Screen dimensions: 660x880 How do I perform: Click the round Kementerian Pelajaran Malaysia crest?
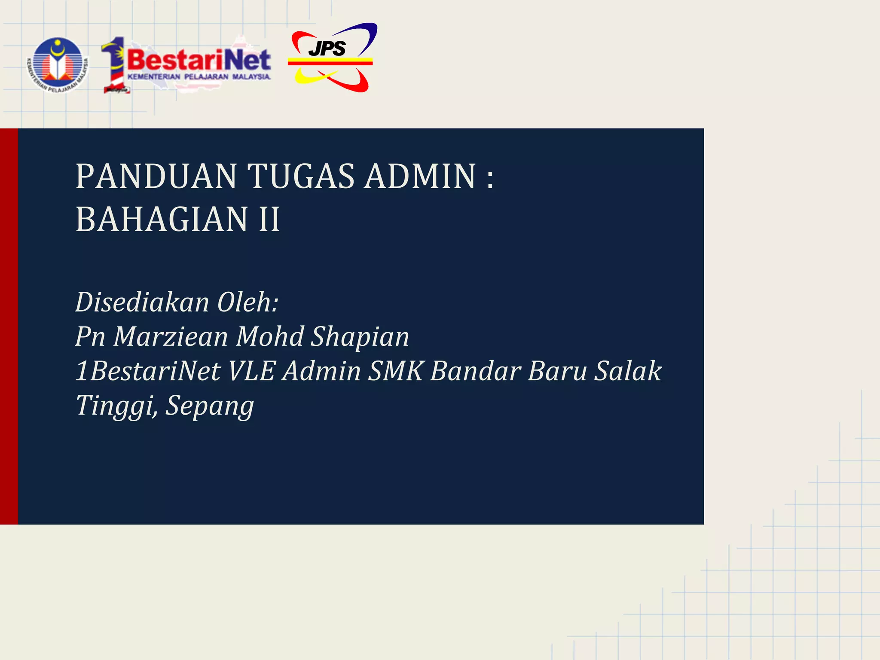click(58, 65)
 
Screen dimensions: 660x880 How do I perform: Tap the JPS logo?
click(330, 58)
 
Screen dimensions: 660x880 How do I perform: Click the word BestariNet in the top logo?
click(199, 60)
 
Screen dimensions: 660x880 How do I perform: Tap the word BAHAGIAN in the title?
click(162, 219)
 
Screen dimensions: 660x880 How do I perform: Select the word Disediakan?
click(142, 302)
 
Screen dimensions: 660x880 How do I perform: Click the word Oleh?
click(248, 302)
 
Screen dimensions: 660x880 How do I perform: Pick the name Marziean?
click(171, 336)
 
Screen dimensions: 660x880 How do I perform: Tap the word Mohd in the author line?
click(270, 336)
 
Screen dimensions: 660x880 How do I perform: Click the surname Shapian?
click(360, 336)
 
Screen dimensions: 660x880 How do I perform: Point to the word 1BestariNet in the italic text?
click(148, 371)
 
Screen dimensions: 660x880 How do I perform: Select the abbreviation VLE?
click(251, 371)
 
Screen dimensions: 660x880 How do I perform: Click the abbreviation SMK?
click(396, 371)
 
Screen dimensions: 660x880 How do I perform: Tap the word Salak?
click(628, 371)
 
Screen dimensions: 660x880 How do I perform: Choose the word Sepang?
click(210, 406)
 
